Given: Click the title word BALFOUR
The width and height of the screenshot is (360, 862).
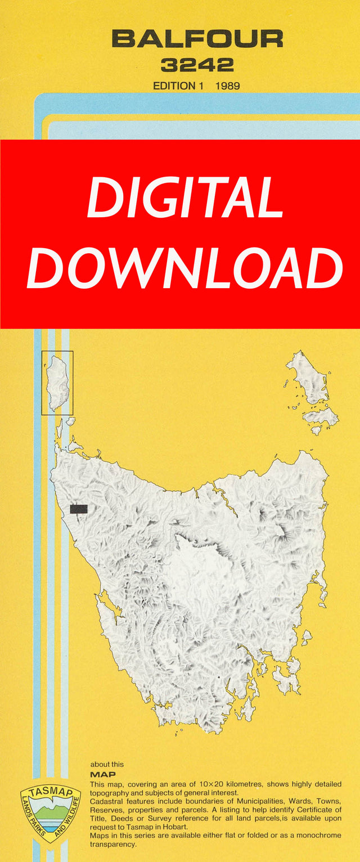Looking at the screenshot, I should (197, 39).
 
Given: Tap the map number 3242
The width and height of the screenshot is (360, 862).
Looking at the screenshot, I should (197, 65).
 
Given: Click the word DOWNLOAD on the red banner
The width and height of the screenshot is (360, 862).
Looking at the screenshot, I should (184, 268).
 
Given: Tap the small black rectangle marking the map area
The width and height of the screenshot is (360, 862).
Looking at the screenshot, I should (79, 509).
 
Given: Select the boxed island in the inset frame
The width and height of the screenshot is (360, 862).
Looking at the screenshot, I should (58, 383).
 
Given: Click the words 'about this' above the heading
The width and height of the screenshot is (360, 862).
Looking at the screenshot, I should (107, 765).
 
